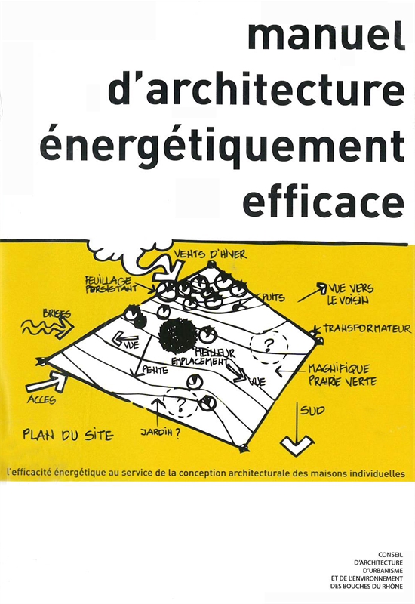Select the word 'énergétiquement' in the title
click(x=222, y=149)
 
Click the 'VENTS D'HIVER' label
click(x=210, y=254)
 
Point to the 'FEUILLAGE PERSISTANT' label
click(x=110, y=285)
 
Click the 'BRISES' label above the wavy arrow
click(x=57, y=314)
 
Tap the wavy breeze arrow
click(x=47, y=328)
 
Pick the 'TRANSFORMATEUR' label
click(x=367, y=328)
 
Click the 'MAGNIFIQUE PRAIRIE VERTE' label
click(x=342, y=375)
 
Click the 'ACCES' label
click(x=41, y=400)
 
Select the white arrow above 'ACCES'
click(x=48, y=382)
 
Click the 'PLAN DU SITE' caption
click(x=68, y=435)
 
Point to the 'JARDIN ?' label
click(x=160, y=433)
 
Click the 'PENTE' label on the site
click(x=155, y=370)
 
